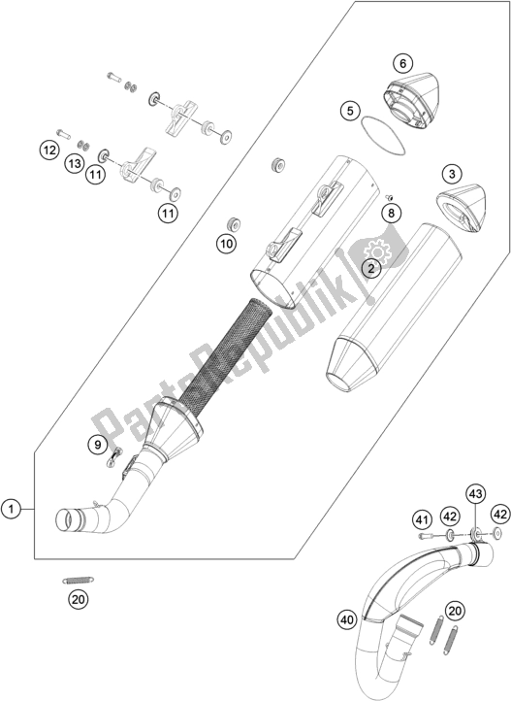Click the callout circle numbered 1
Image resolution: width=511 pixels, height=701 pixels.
coord(12,508)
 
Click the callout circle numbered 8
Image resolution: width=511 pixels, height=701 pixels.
coord(391,212)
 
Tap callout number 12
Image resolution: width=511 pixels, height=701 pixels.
coord(48,150)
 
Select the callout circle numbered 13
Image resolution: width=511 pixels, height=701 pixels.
coord(75,167)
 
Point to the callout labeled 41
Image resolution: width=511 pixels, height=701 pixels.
coord(423,519)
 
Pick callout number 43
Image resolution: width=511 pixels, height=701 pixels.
coord(475,493)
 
